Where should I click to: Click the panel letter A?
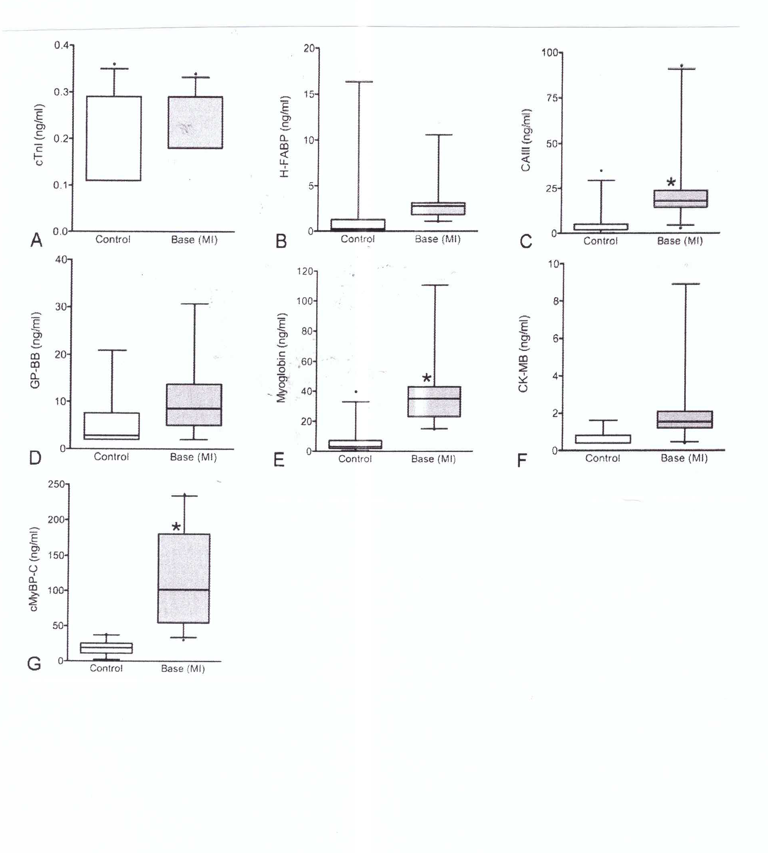tap(37, 240)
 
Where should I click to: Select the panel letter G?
tap(34, 663)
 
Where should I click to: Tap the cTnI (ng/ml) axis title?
tap(39, 135)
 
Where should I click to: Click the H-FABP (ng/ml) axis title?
tap(285, 136)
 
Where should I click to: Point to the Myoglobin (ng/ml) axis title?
tap(281, 358)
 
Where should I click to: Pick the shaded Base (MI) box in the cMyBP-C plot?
tap(184, 578)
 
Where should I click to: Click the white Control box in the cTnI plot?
tap(113, 138)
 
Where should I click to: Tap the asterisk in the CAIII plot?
tap(671, 183)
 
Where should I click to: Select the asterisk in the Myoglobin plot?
tap(426, 378)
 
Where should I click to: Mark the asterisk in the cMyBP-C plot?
tap(176, 527)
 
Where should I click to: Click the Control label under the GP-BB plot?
tap(111, 456)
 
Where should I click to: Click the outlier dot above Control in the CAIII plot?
tap(601, 170)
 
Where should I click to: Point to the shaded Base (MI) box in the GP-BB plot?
tap(194, 405)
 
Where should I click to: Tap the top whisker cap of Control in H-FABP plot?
tap(359, 82)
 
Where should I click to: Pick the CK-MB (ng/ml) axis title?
tap(523, 354)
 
